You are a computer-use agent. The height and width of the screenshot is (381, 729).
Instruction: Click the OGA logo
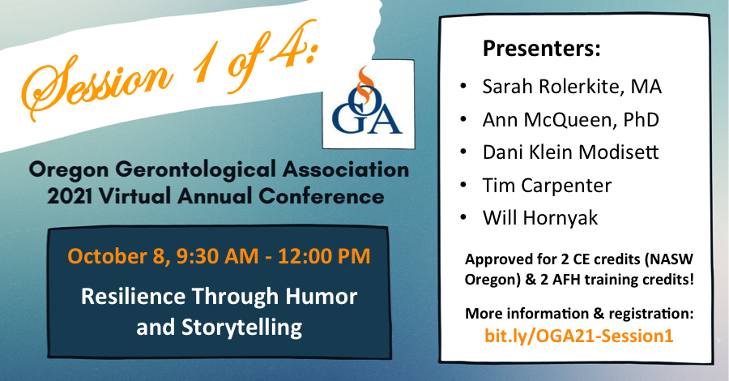(369, 104)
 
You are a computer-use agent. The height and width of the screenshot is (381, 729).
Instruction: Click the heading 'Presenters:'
(542, 49)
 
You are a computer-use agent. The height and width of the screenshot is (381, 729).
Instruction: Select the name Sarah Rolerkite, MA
(572, 87)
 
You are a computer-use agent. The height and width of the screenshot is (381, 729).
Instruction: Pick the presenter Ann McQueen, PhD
(571, 119)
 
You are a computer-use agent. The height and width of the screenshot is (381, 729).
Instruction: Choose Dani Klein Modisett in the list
(571, 152)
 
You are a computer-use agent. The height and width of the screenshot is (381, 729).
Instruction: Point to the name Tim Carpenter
(548, 186)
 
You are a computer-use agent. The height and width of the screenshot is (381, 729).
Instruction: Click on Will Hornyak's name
(540, 218)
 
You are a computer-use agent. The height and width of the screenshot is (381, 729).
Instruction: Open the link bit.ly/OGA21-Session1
(579, 336)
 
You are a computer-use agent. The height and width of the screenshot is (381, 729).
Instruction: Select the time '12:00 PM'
(325, 256)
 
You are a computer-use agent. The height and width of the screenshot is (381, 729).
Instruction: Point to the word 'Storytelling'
(241, 327)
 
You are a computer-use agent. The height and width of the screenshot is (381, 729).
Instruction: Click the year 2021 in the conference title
(70, 196)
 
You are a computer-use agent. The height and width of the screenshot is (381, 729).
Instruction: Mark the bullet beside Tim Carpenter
(463, 185)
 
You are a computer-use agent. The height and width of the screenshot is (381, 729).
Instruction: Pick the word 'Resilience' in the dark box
(133, 297)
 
